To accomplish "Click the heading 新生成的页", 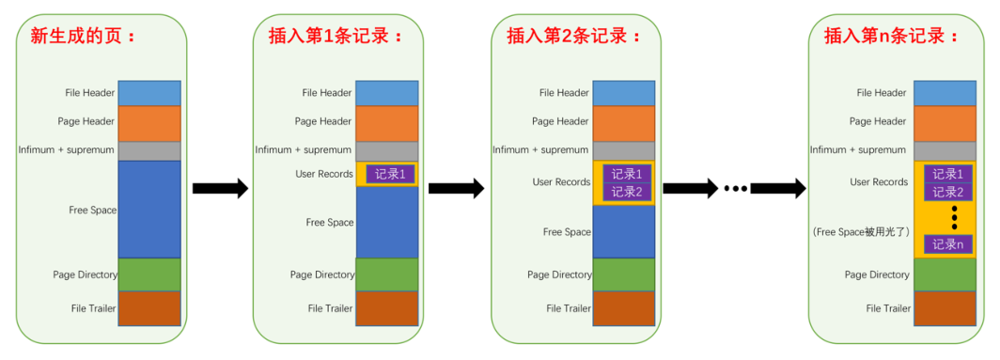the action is coord(84,35).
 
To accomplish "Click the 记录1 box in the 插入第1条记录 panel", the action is coord(391,174).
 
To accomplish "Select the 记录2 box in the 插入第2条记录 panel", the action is coord(627,192).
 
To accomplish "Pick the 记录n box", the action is coord(947,243).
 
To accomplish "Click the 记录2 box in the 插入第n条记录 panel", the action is coord(947,192).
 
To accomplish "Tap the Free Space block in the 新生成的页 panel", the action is coord(149,210).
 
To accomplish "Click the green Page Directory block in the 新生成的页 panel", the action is coord(149,274).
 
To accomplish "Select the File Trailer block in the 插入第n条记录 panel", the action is coord(945,308).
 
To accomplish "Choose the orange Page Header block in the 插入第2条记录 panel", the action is coord(624,123).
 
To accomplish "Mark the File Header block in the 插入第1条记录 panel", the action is coord(387,93).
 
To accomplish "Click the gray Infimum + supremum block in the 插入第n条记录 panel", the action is coord(945,150).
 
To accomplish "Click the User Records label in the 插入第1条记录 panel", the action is coord(324,174).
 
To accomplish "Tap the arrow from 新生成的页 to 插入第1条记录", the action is coord(219,188).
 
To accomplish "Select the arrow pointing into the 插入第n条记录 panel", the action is coord(777,188).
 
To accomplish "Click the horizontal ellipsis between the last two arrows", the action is coord(734,188).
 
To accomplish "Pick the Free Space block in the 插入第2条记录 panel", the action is coord(624,232).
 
